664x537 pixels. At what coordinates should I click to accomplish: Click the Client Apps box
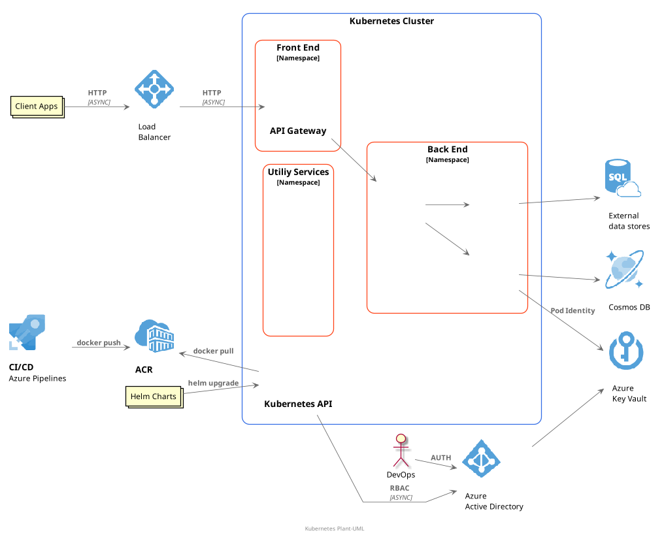pyautogui.click(x=37, y=106)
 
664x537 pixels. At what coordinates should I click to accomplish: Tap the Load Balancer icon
pyautogui.click(x=154, y=88)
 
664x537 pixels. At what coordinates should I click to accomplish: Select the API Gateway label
pyautogui.click(x=298, y=131)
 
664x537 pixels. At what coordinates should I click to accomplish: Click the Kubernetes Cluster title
pyautogui.click(x=391, y=21)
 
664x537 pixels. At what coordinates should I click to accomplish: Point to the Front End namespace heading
pyautogui.click(x=298, y=48)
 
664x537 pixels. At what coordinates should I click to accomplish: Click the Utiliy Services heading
pyautogui.click(x=298, y=172)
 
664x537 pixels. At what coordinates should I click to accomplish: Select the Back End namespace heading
pyautogui.click(x=448, y=149)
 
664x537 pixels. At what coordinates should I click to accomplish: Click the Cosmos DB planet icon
pyautogui.click(x=624, y=269)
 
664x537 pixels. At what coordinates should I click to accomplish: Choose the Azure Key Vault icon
pyautogui.click(x=625, y=351)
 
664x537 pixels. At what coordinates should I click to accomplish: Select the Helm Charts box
pyautogui.click(x=153, y=396)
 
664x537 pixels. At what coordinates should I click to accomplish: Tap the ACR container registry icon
pyautogui.click(x=154, y=337)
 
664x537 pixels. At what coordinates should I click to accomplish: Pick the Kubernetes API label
pyautogui.click(x=298, y=404)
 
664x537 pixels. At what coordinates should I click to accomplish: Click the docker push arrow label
pyautogui.click(x=99, y=342)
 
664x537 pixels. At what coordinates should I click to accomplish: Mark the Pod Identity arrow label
pyautogui.click(x=573, y=310)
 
